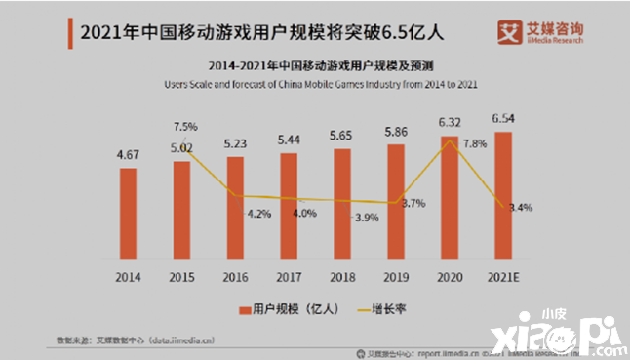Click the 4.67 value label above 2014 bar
click(128, 154)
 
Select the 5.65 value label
click(341, 136)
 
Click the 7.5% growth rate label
click(185, 127)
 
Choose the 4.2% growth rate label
click(258, 213)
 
